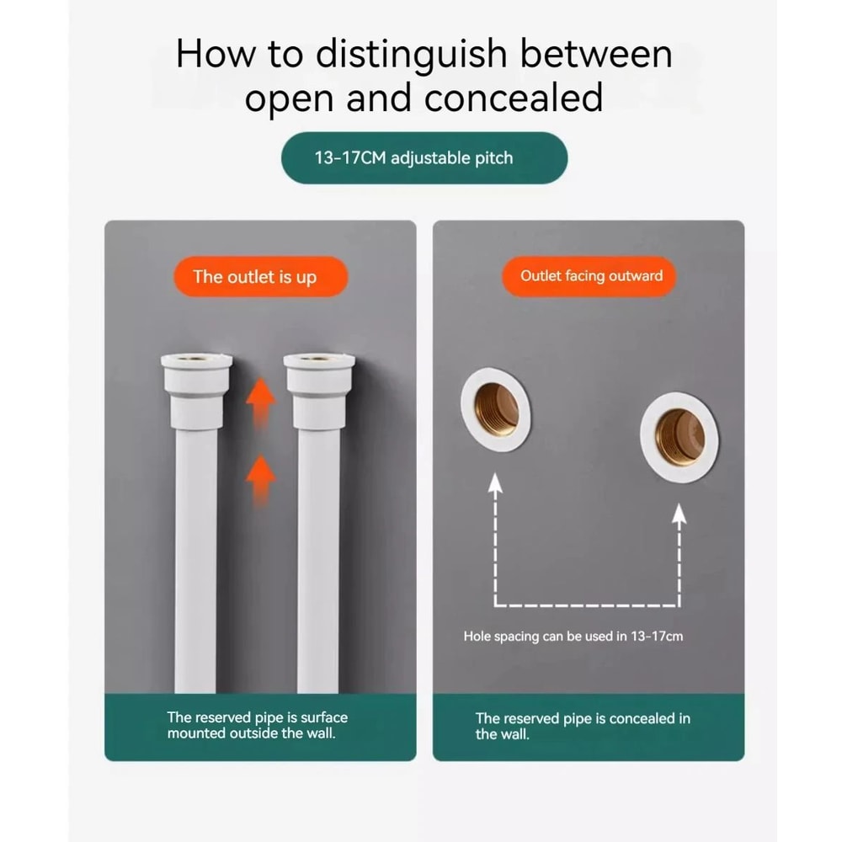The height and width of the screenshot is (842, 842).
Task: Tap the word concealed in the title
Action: pos(514,98)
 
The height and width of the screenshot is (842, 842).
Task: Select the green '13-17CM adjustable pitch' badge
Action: pos(424,158)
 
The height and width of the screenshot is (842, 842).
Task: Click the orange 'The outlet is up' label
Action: pos(260,276)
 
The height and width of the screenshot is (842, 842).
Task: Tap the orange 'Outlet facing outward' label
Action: pos(589,276)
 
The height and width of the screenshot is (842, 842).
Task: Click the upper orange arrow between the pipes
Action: pos(260,402)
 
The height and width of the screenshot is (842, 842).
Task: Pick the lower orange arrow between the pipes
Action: pos(260,480)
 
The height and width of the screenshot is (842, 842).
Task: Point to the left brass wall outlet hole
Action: pos(496,409)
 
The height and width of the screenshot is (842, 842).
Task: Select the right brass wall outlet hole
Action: pos(679,436)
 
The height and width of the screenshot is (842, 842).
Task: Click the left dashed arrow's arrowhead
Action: pos(495,482)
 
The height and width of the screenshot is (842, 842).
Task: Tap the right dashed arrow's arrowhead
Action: pos(679,514)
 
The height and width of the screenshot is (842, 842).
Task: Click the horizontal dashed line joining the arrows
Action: pos(587,605)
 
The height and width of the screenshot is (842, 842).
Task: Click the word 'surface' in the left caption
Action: pos(324,717)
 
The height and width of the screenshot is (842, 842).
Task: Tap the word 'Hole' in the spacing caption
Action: pos(477,637)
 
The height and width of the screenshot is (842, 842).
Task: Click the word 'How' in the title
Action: pos(216,54)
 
